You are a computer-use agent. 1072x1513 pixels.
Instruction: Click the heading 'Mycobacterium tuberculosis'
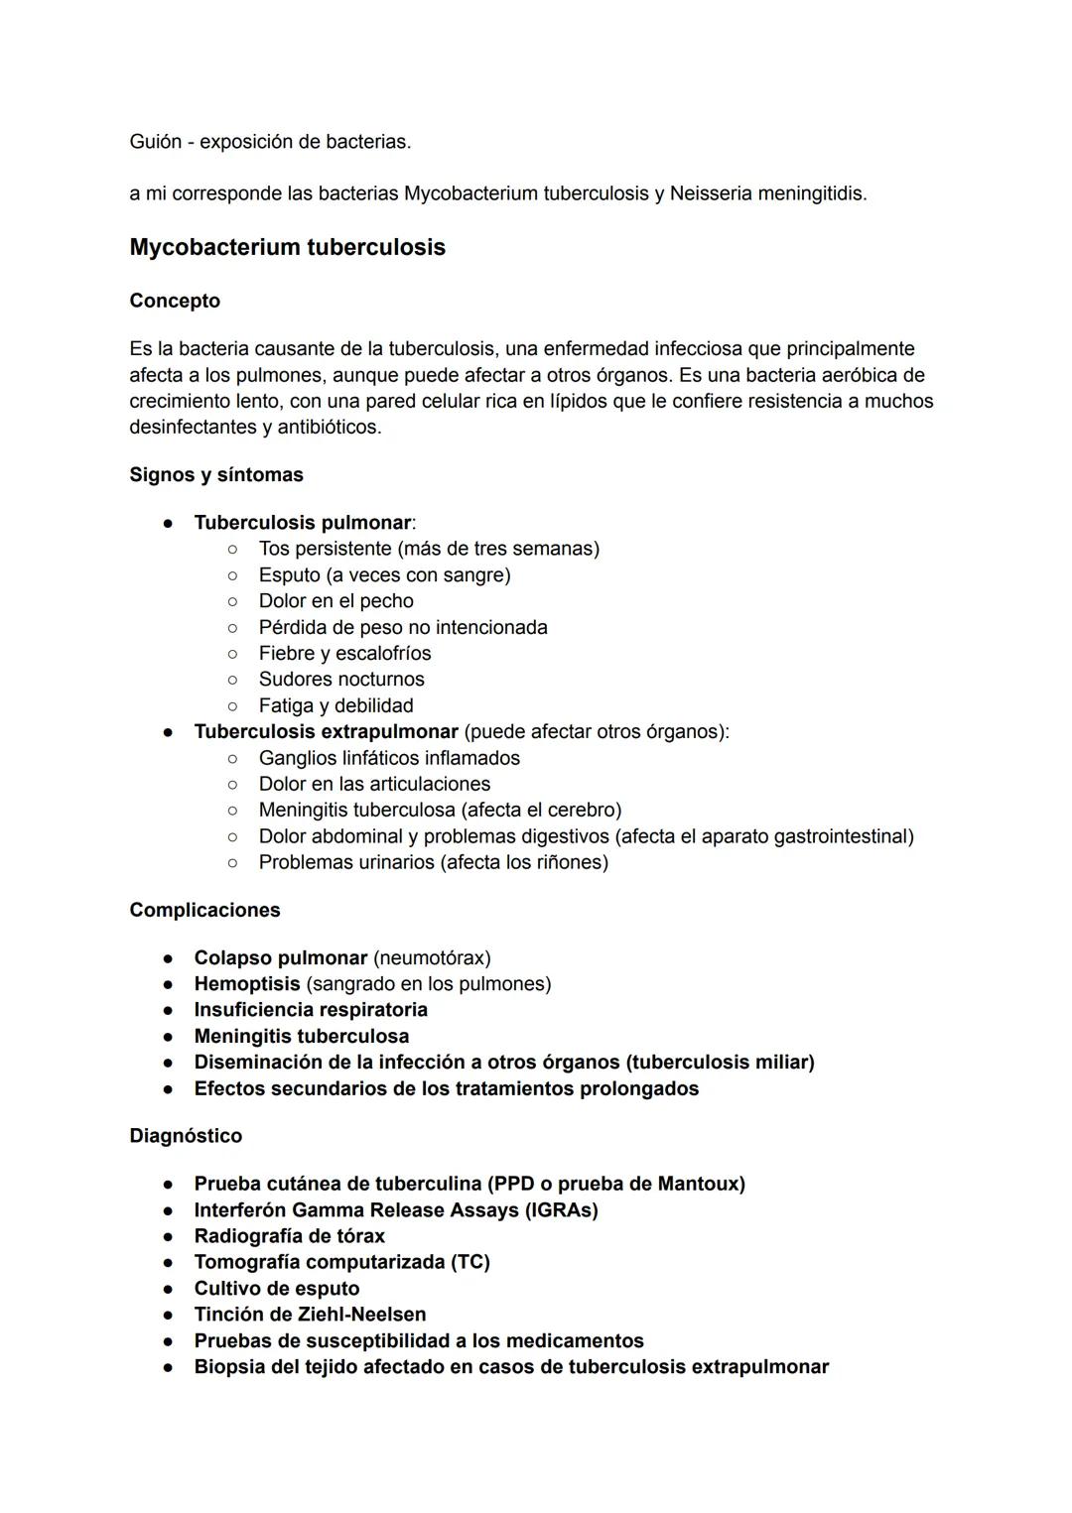(x=287, y=247)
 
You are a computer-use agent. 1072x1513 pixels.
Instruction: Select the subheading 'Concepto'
(x=175, y=301)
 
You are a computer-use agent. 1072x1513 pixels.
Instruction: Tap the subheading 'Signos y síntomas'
(x=216, y=474)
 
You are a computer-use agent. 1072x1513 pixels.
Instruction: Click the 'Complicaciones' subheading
(x=204, y=910)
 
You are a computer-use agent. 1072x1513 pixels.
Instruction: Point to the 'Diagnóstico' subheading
(x=186, y=1135)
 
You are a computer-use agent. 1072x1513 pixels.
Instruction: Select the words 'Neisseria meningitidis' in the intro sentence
(x=767, y=193)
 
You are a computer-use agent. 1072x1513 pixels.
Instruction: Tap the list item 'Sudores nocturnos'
(x=341, y=680)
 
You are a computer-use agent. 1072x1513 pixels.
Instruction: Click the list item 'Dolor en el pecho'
(x=335, y=601)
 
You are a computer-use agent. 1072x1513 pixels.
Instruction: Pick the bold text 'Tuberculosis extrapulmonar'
(x=326, y=732)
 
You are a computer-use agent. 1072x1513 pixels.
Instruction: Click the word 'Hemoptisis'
(x=246, y=984)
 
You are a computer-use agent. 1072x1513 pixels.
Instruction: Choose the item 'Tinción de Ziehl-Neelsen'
(x=310, y=1315)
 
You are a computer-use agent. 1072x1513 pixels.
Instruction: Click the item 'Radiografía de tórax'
(x=289, y=1236)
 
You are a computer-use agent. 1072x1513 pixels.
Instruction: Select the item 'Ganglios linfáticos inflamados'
(x=389, y=758)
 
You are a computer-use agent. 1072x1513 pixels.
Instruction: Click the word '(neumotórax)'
(x=432, y=958)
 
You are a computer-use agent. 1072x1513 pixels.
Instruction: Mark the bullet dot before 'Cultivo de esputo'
(x=170, y=1289)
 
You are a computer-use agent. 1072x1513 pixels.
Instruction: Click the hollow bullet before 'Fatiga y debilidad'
(x=231, y=706)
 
